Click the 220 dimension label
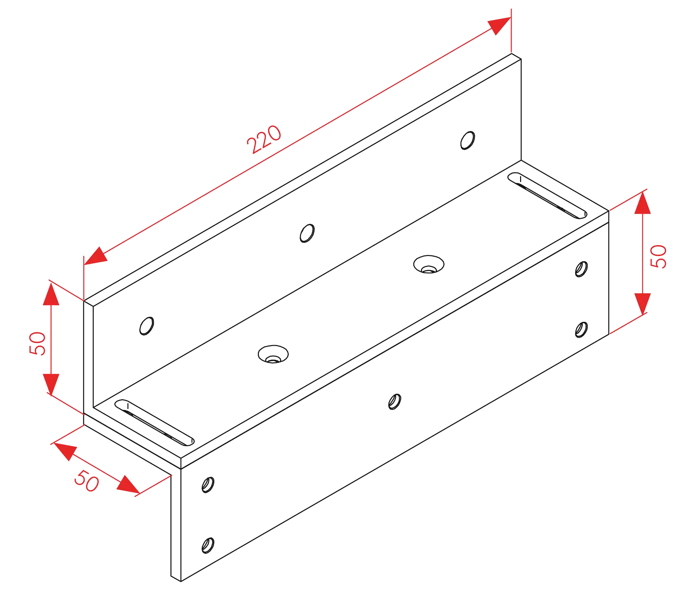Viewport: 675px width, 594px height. point(264,140)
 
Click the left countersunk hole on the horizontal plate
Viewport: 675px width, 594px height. point(273,355)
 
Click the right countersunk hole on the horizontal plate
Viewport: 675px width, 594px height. point(429,264)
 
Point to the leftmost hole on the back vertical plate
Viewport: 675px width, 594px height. point(147,326)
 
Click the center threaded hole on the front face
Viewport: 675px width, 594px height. point(394,401)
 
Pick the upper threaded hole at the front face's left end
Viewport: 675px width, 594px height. point(208,485)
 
